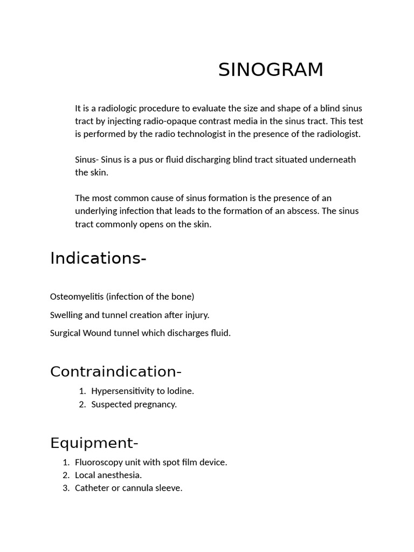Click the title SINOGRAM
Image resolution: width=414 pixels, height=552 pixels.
pyautogui.click(x=271, y=70)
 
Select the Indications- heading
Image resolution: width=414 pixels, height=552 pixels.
pyautogui.click(x=98, y=259)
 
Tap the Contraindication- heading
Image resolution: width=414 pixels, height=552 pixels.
pyautogui.click(x=116, y=371)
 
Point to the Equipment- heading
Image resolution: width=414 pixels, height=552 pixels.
pyautogui.click(x=94, y=443)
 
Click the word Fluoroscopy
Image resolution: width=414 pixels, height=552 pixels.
pyautogui.click(x=99, y=462)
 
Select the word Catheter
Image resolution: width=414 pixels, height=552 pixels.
pyautogui.click(x=92, y=488)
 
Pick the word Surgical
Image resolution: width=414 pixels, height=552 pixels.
pyautogui.click(x=65, y=333)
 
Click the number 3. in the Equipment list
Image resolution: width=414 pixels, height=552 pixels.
pyautogui.click(x=66, y=488)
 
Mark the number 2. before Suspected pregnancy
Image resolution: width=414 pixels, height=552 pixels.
pyautogui.click(x=82, y=404)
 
